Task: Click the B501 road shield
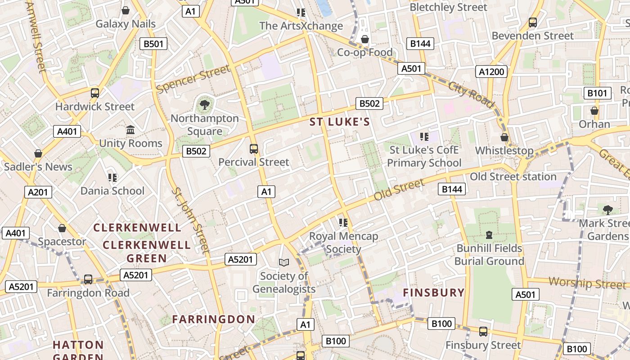154,44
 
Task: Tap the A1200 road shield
491,72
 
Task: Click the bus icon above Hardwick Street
95,93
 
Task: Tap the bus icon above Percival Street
254,148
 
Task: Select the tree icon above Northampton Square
205,105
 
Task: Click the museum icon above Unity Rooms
130,130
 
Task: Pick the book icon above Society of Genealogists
283,262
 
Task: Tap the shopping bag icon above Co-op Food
365,40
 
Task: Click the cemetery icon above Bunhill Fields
489,234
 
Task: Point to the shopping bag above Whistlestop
504,137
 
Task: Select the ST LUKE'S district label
340,122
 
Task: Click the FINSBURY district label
433,292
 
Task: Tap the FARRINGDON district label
214,319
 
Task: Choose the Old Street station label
513,176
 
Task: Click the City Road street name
471,94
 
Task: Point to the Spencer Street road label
193,79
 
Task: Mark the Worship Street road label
587,283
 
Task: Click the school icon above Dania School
112,178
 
